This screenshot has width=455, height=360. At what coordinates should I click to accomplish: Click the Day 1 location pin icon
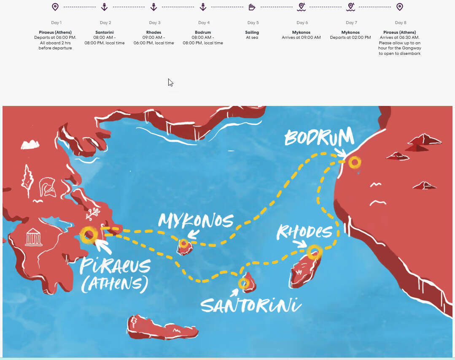[x=55, y=7]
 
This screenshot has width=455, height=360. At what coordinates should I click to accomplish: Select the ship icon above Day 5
[x=252, y=7]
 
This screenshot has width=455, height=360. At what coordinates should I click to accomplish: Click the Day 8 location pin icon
[x=400, y=7]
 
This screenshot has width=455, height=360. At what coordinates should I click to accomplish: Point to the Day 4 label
[x=203, y=23]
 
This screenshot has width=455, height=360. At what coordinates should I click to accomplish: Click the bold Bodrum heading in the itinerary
[x=203, y=32]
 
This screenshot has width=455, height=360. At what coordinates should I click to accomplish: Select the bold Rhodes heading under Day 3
[x=154, y=32]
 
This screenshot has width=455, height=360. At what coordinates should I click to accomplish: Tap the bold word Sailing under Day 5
[x=252, y=32]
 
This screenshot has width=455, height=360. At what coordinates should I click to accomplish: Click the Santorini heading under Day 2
[x=105, y=32]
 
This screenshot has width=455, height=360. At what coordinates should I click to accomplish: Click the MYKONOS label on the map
[x=196, y=221]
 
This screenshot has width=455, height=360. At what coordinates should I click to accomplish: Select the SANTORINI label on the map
[x=251, y=305]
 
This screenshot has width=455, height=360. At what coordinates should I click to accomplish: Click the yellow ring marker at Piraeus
[x=89, y=235]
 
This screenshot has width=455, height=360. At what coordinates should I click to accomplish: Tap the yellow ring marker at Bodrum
[x=355, y=162]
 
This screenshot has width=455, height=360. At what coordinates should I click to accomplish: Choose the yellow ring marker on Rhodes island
[x=314, y=252]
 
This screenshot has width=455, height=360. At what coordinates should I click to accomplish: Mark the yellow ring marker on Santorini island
[x=244, y=283]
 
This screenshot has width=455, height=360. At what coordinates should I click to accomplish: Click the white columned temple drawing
[x=34, y=237]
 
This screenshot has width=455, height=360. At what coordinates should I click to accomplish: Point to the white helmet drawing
[x=47, y=188]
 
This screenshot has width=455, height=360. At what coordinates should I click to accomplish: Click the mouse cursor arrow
[x=170, y=82]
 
